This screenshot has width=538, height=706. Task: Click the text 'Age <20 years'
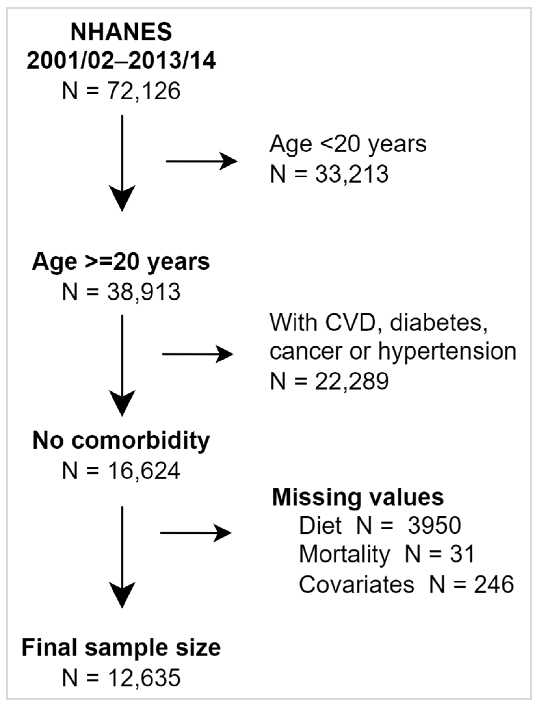[x=348, y=144]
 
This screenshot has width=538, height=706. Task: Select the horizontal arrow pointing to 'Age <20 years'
[x=202, y=161]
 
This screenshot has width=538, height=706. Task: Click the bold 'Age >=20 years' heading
[x=121, y=262]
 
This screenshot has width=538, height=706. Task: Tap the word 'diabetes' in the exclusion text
[x=439, y=323]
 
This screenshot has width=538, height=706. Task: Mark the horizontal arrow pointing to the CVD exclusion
[x=198, y=354]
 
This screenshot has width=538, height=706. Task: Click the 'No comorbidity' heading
[x=121, y=441]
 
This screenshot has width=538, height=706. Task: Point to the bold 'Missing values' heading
[x=358, y=498]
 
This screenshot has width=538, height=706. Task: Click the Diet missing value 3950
[x=434, y=525]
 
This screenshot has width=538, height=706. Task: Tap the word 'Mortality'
[x=344, y=554]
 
